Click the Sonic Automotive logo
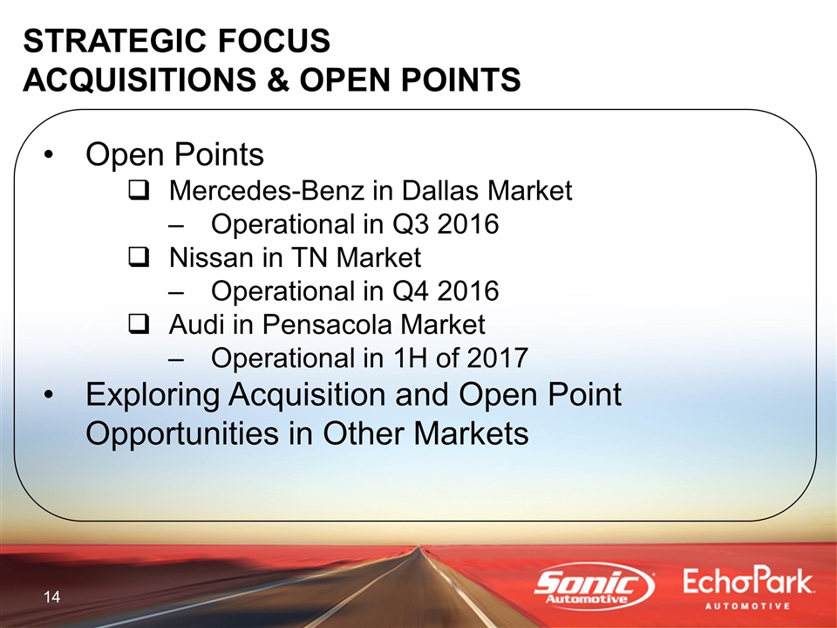(595, 586)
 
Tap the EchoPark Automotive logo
(748, 588)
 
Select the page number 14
(51, 597)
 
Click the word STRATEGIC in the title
(109, 41)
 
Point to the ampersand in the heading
(276, 79)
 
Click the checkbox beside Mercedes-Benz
(139, 191)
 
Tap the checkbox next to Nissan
(139, 258)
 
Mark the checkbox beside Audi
(139, 325)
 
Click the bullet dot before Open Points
(49, 155)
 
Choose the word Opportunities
(182, 433)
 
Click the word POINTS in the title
(461, 79)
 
